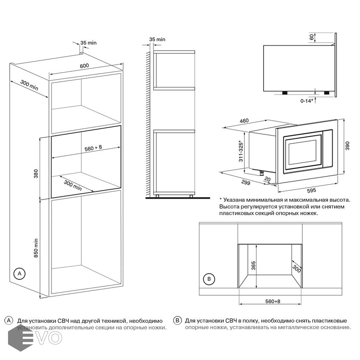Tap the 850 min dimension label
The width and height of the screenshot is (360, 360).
point(36,248)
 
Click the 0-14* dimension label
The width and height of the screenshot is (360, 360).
point(307,101)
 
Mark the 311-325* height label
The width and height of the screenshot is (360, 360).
point(240,151)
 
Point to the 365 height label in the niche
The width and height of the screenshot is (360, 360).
point(253,266)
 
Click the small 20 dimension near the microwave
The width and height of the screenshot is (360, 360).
point(267,180)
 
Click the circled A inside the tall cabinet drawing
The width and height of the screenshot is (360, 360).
point(19,274)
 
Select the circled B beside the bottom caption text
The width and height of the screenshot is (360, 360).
point(178,320)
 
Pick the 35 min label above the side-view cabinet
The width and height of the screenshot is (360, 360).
point(157,39)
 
